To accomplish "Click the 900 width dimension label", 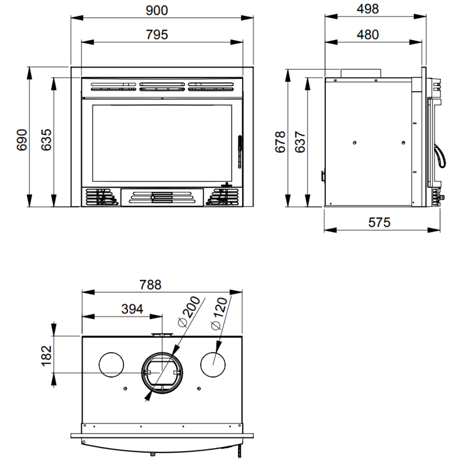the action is [x=157, y=11].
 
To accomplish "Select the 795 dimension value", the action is [x=157, y=35].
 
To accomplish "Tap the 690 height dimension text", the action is [x=22, y=140].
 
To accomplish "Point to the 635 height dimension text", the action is [x=46, y=140].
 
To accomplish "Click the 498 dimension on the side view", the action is [x=368, y=9].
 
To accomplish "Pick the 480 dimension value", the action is [x=368, y=35].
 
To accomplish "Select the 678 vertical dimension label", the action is [x=280, y=142].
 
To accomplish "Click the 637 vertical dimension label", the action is [x=300, y=142].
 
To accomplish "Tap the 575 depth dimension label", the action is [x=379, y=223].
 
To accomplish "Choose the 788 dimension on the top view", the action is [x=150, y=285].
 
